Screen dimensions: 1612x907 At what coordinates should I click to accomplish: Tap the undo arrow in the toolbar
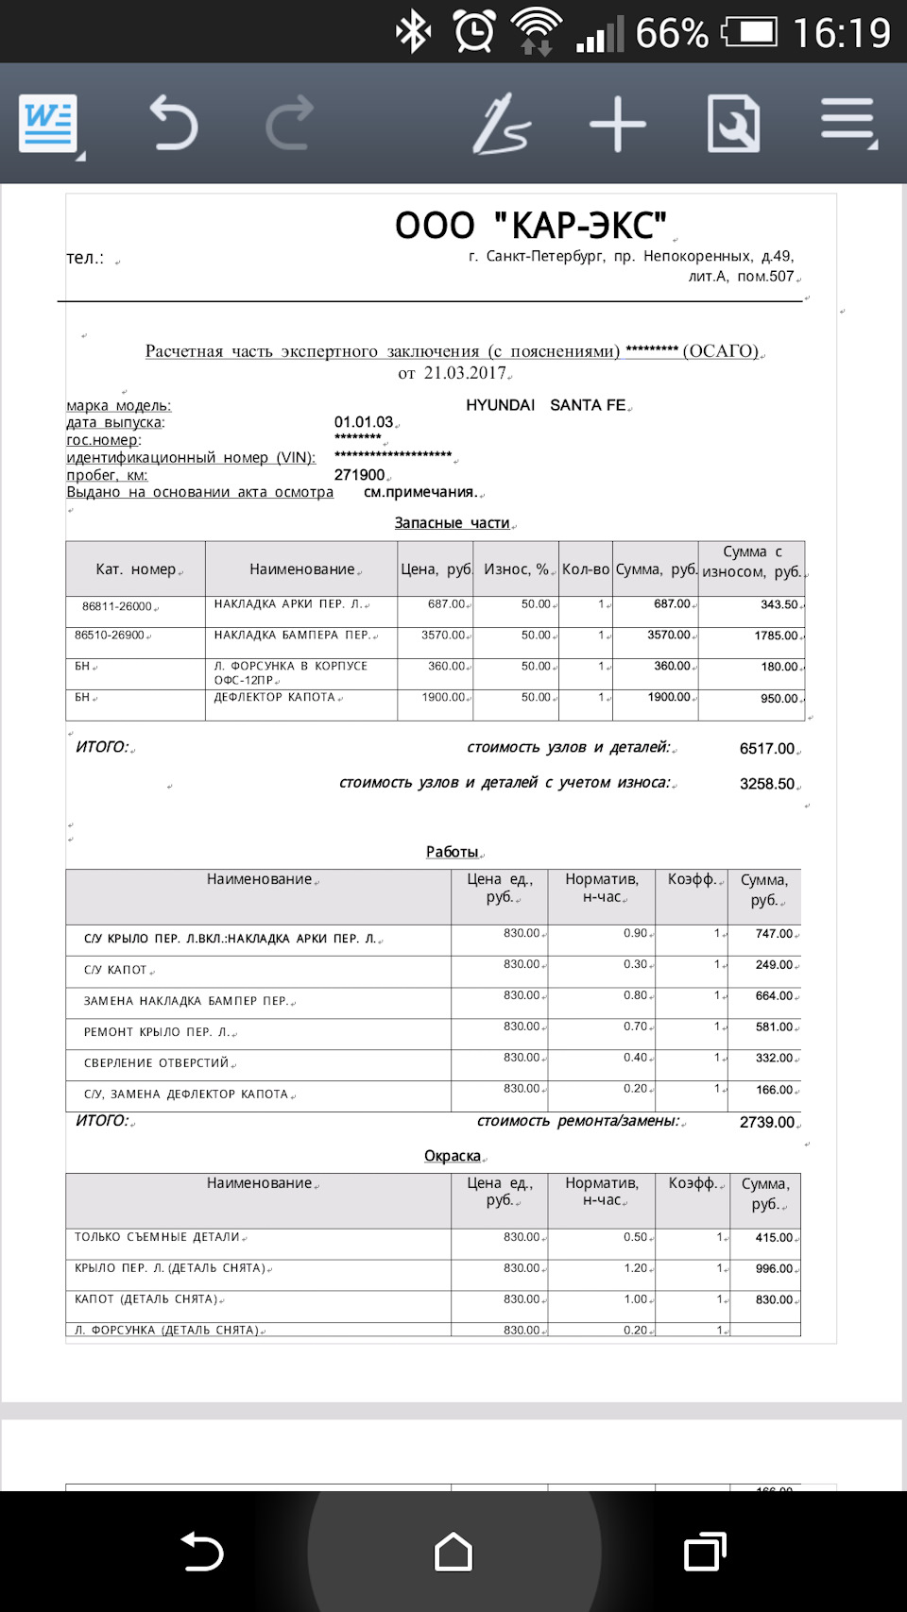(x=174, y=124)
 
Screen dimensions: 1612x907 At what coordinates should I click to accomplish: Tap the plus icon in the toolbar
(x=617, y=124)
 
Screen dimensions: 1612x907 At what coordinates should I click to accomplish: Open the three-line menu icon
(x=847, y=124)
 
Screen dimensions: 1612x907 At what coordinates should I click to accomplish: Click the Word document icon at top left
(x=49, y=124)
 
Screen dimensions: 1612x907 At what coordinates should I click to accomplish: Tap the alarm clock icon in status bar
(x=473, y=32)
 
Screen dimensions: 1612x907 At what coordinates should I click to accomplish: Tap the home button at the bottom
(x=453, y=1552)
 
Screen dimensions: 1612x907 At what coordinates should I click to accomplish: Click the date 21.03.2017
(x=465, y=373)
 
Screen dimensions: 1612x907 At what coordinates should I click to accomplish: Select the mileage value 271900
(x=360, y=475)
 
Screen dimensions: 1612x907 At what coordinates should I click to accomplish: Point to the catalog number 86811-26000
(x=117, y=606)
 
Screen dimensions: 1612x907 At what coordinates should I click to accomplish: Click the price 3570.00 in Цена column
(x=443, y=636)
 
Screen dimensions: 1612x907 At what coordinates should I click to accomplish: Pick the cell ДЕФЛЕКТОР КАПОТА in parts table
(x=275, y=698)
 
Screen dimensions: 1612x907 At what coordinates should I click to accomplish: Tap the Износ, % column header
(x=516, y=569)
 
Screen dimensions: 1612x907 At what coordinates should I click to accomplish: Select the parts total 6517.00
(x=766, y=749)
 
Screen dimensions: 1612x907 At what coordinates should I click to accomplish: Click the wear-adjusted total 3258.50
(x=766, y=784)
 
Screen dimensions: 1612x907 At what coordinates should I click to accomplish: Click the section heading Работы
(x=453, y=852)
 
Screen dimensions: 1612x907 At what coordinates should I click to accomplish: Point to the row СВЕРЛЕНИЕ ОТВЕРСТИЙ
(x=157, y=1063)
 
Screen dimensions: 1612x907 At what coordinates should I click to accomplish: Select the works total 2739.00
(x=766, y=1122)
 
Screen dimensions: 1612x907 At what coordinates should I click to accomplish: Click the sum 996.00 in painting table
(x=774, y=1268)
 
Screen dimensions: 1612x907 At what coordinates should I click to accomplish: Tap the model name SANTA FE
(x=588, y=405)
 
